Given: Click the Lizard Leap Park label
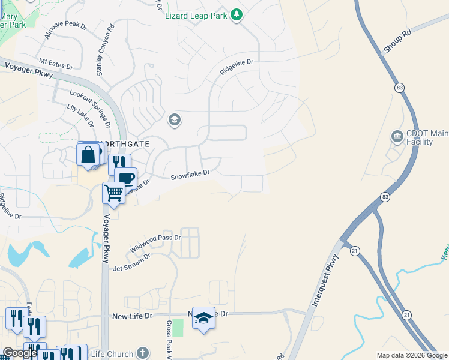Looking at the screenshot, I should coord(196,15).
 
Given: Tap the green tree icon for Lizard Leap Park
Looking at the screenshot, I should coord(237,14).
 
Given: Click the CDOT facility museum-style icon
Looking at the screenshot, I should coord(397,137).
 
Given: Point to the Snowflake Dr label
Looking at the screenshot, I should coord(190,175).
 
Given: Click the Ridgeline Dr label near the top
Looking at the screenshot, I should coord(237,66).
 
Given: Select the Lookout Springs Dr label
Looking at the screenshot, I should coord(90,104).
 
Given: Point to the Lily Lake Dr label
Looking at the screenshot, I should coord(80,115).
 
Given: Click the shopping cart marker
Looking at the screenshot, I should coord(113,193).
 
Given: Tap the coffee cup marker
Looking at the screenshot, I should coord(125,178).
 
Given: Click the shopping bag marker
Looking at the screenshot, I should coord(88,155).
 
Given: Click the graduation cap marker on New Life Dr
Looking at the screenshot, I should coord(203,318).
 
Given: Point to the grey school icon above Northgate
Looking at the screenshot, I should coord(175,121).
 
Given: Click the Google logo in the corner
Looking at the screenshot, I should coord(20,353).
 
